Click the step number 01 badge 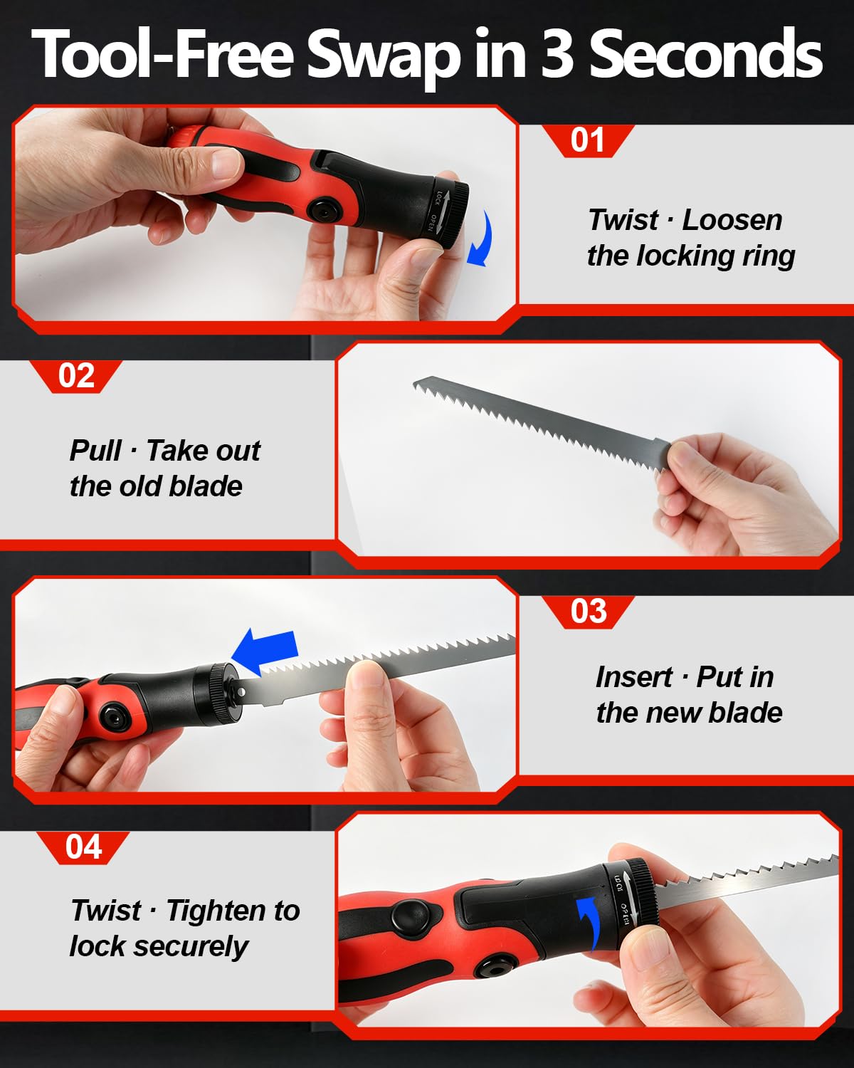(588, 141)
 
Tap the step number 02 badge (76, 376)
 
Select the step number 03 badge (589, 612)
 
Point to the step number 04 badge (83, 848)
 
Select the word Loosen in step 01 (732, 220)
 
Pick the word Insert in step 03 (634, 677)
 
